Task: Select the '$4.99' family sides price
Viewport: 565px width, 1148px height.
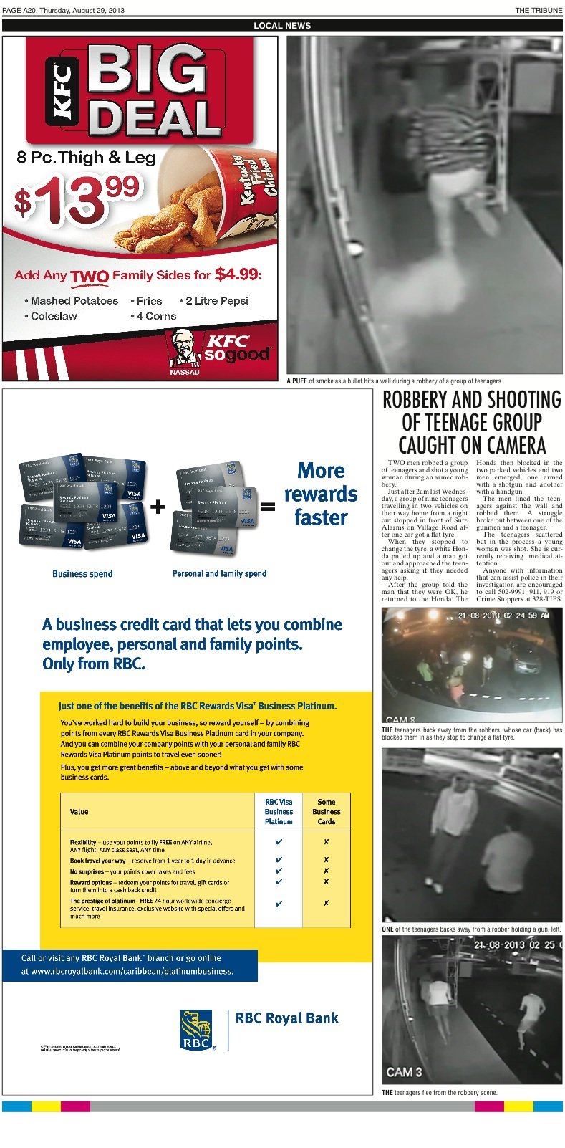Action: pyautogui.click(x=238, y=274)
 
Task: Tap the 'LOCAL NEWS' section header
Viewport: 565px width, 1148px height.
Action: pyautogui.click(x=282, y=26)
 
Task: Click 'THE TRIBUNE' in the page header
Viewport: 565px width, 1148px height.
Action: pyautogui.click(x=539, y=10)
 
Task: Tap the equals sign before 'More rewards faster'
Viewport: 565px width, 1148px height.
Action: pyautogui.click(x=267, y=507)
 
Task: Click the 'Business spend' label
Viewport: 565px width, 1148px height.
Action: pyautogui.click(x=82, y=574)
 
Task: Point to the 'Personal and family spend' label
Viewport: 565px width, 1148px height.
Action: pyautogui.click(x=219, y=574)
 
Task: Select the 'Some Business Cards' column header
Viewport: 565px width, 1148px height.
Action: pyautogui.click(x=326, y=812)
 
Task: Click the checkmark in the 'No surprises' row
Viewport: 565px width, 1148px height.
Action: pyautogui.click(x=279, y=871)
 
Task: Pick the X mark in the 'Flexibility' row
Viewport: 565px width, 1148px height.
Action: pyautogui.click(x=326, y=842)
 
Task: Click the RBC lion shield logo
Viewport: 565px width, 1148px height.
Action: pyautogui.click(x=196, y=1030)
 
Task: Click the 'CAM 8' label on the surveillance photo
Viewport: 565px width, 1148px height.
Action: pyautogui.click(x=400, y=719)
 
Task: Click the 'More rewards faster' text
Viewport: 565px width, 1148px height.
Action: pyautogui.click(x=320, y=494)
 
